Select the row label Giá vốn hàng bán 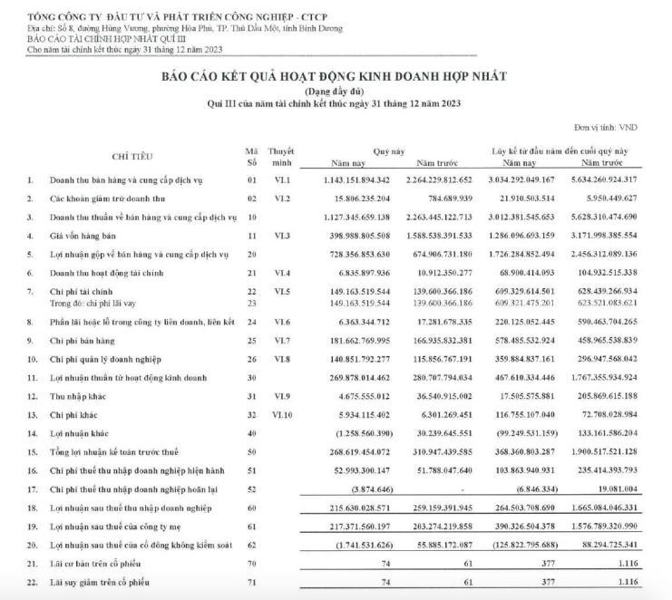pos(83,235)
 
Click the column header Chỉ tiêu pos(132,156)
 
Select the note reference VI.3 pos(284,235)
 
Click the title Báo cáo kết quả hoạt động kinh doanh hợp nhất pos(335,77)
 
